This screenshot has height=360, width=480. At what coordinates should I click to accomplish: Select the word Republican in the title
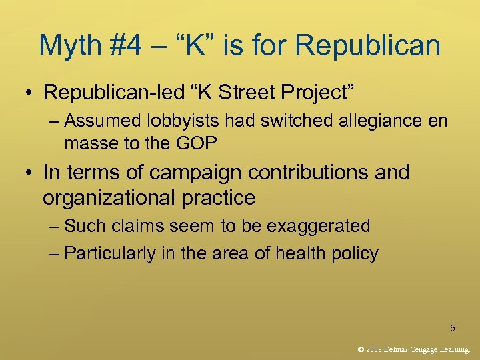pos(368,45)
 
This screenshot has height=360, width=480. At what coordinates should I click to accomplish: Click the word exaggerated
pos(319,227)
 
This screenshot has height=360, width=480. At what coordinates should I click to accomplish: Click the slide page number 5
pos(453,327)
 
